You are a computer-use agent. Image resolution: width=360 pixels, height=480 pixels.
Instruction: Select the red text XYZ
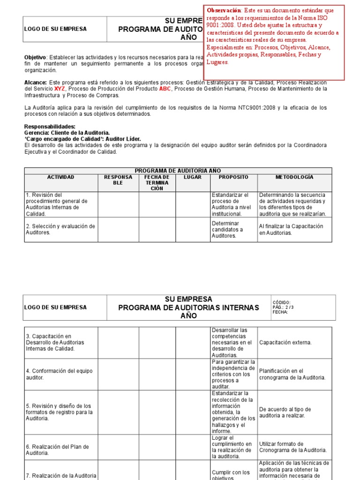click(60, 88)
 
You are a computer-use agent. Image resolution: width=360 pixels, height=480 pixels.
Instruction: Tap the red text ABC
click(165, 88)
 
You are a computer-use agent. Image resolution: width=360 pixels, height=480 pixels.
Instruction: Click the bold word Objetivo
click(35, 57)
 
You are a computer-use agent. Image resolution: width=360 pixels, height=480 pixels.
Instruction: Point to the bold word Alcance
click(35, 82)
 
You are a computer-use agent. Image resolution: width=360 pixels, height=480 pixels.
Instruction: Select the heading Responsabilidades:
click(50, 127)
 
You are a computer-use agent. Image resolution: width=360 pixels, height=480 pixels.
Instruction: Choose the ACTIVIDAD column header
click(60, 177)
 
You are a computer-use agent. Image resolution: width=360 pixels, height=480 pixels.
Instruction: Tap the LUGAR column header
click(193, 177)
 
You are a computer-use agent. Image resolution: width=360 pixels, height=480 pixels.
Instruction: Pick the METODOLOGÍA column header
click(294, 177)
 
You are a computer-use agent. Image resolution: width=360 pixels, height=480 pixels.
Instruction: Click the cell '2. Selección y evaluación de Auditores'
click(60, 229)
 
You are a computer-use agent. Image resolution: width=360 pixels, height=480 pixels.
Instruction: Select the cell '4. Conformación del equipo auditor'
click(60, 374)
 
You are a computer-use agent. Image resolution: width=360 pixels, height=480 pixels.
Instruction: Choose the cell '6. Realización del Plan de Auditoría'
click(60, 450)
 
